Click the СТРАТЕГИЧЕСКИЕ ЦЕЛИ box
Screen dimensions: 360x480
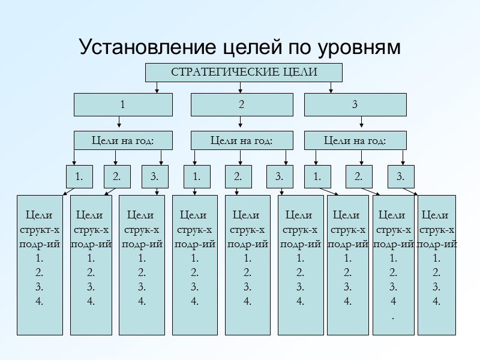coord(244,73)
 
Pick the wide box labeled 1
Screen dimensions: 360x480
coord(123,104)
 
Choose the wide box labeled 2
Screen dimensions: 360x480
coord(241,104)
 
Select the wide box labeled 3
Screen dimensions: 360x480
coord(355,104)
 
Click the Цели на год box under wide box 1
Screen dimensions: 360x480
coord(123,141)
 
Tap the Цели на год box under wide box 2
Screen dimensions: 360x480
coord(241,141)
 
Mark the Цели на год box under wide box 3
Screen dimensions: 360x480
coord(355,141)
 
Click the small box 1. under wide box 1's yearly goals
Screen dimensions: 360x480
coord(79,176)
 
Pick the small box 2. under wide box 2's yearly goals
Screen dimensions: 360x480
coord(238,176)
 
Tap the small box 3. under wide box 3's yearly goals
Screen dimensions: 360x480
coord(400,176)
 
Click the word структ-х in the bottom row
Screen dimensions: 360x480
coord(40,229)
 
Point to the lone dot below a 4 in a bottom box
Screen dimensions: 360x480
coord(393,316)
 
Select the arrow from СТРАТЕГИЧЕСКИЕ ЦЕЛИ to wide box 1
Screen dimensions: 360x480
coord(157,88)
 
